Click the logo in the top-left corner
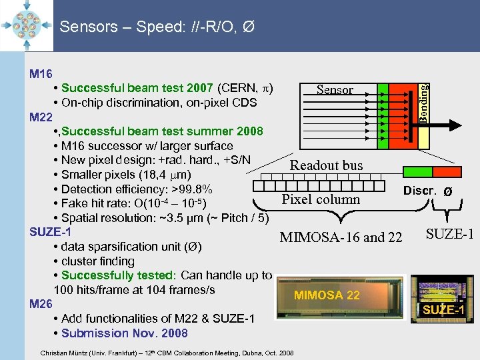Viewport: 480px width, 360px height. (x=27, y=25)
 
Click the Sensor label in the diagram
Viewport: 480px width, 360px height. (x=335, y=90)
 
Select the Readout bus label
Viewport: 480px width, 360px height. (x=326, y=165)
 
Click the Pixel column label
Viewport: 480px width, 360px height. (x=321, y=199)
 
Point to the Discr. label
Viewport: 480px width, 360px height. (x=419, y=191)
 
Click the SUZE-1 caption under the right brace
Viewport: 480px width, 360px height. (x=449, y=234)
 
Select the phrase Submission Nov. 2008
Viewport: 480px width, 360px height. (x=125, y=333)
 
